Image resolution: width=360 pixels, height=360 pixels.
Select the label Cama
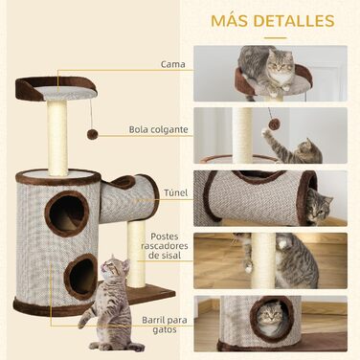(x=173, y=64)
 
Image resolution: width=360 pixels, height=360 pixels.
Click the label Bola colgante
(x=159, y=129)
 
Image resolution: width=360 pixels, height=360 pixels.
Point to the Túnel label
(x=175, y=192)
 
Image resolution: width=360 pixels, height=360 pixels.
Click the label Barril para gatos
(x=165, y=325)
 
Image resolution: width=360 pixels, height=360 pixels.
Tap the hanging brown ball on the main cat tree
(x=93, y=134)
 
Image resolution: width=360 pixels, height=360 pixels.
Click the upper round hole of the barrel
(x=67, y=214)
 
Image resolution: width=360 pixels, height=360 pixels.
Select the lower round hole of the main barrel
(x=81, y=276)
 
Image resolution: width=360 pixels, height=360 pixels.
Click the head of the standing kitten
(x=112, y=266)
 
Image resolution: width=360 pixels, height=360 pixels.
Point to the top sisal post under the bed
(x=57, y=137)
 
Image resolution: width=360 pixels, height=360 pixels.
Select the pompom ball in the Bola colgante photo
(x=274, y=124)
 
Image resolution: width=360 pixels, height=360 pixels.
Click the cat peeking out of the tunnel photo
(x=319, y=206)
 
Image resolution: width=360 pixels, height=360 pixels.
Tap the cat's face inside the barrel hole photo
(x=271, y=316)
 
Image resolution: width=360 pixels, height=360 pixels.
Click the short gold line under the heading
(x=276, y=37)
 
